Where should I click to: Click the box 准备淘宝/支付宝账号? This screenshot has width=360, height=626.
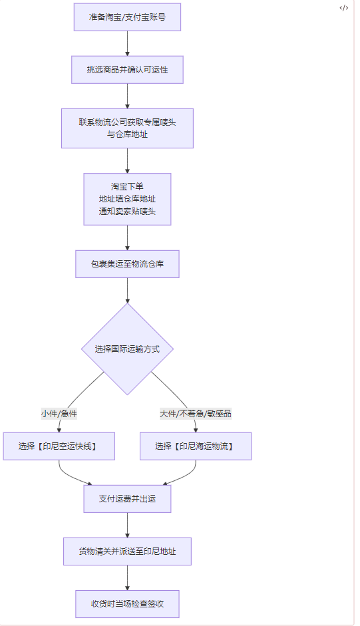[127, 17]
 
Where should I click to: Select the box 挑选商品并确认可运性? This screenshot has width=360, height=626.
[127, 70]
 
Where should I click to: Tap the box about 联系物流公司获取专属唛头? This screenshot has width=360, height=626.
[127, 128]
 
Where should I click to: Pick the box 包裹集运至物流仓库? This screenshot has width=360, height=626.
[127, 264]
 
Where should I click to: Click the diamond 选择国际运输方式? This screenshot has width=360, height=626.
[127, 349]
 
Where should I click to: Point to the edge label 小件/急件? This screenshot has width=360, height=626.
[59, 413]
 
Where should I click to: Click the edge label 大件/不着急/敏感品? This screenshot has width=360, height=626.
[196, 413]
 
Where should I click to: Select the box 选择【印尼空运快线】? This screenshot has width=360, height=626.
[59, 446]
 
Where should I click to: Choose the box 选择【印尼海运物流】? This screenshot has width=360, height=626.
[196, 446]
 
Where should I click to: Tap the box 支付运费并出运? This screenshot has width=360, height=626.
[127, 498]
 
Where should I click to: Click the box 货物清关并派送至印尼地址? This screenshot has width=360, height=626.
[127, 551]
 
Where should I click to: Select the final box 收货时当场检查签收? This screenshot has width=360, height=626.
[127, 603]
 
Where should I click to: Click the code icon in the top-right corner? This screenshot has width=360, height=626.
[343, 8]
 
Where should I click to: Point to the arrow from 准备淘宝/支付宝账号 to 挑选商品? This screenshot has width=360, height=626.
[127, 43]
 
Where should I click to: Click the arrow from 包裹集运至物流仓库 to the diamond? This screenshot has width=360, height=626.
[127, 291]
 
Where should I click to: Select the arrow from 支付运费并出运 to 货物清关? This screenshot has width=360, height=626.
[127, 525]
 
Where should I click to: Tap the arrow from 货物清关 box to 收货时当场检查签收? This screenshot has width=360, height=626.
[127, 577]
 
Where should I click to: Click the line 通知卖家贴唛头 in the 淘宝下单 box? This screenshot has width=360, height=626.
[127, 211]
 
